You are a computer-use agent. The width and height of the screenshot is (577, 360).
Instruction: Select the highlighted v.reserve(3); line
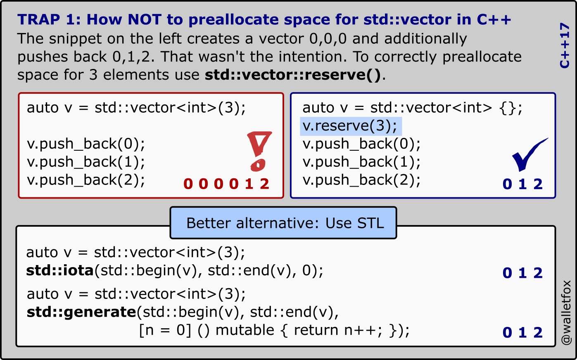click(x=351, y=126)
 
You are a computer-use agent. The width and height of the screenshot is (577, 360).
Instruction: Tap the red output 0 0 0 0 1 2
click(x=226, y=184)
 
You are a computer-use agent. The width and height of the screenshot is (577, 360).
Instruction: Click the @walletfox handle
click(x=566, y=313)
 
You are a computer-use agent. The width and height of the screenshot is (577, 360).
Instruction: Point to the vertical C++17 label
click(x=564, y=45)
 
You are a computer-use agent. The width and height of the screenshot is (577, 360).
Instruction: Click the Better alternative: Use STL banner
click(x=283, y=223)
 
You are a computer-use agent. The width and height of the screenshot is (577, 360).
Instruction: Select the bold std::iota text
click(x=60, y=271)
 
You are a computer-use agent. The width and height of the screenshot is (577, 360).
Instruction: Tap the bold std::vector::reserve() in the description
click(x=292, y=75)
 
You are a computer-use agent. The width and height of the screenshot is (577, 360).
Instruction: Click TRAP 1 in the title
click(x=49, y=19)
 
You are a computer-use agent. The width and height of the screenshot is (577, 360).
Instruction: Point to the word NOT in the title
click(x=145, y=19)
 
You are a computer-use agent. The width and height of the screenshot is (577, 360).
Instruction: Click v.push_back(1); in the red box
click(x=86, y=162)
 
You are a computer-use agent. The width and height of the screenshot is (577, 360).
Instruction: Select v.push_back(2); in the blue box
click(x=362, y=180)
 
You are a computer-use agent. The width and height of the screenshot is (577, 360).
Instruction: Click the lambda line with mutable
click(x=274, y=331)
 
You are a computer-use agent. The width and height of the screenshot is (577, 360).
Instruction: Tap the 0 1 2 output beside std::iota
click(x=522, y=273)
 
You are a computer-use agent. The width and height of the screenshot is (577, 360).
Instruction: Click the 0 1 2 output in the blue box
click(x=522, y=184)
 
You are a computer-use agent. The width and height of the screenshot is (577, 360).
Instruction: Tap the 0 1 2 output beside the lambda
click(x=522, y=332)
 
